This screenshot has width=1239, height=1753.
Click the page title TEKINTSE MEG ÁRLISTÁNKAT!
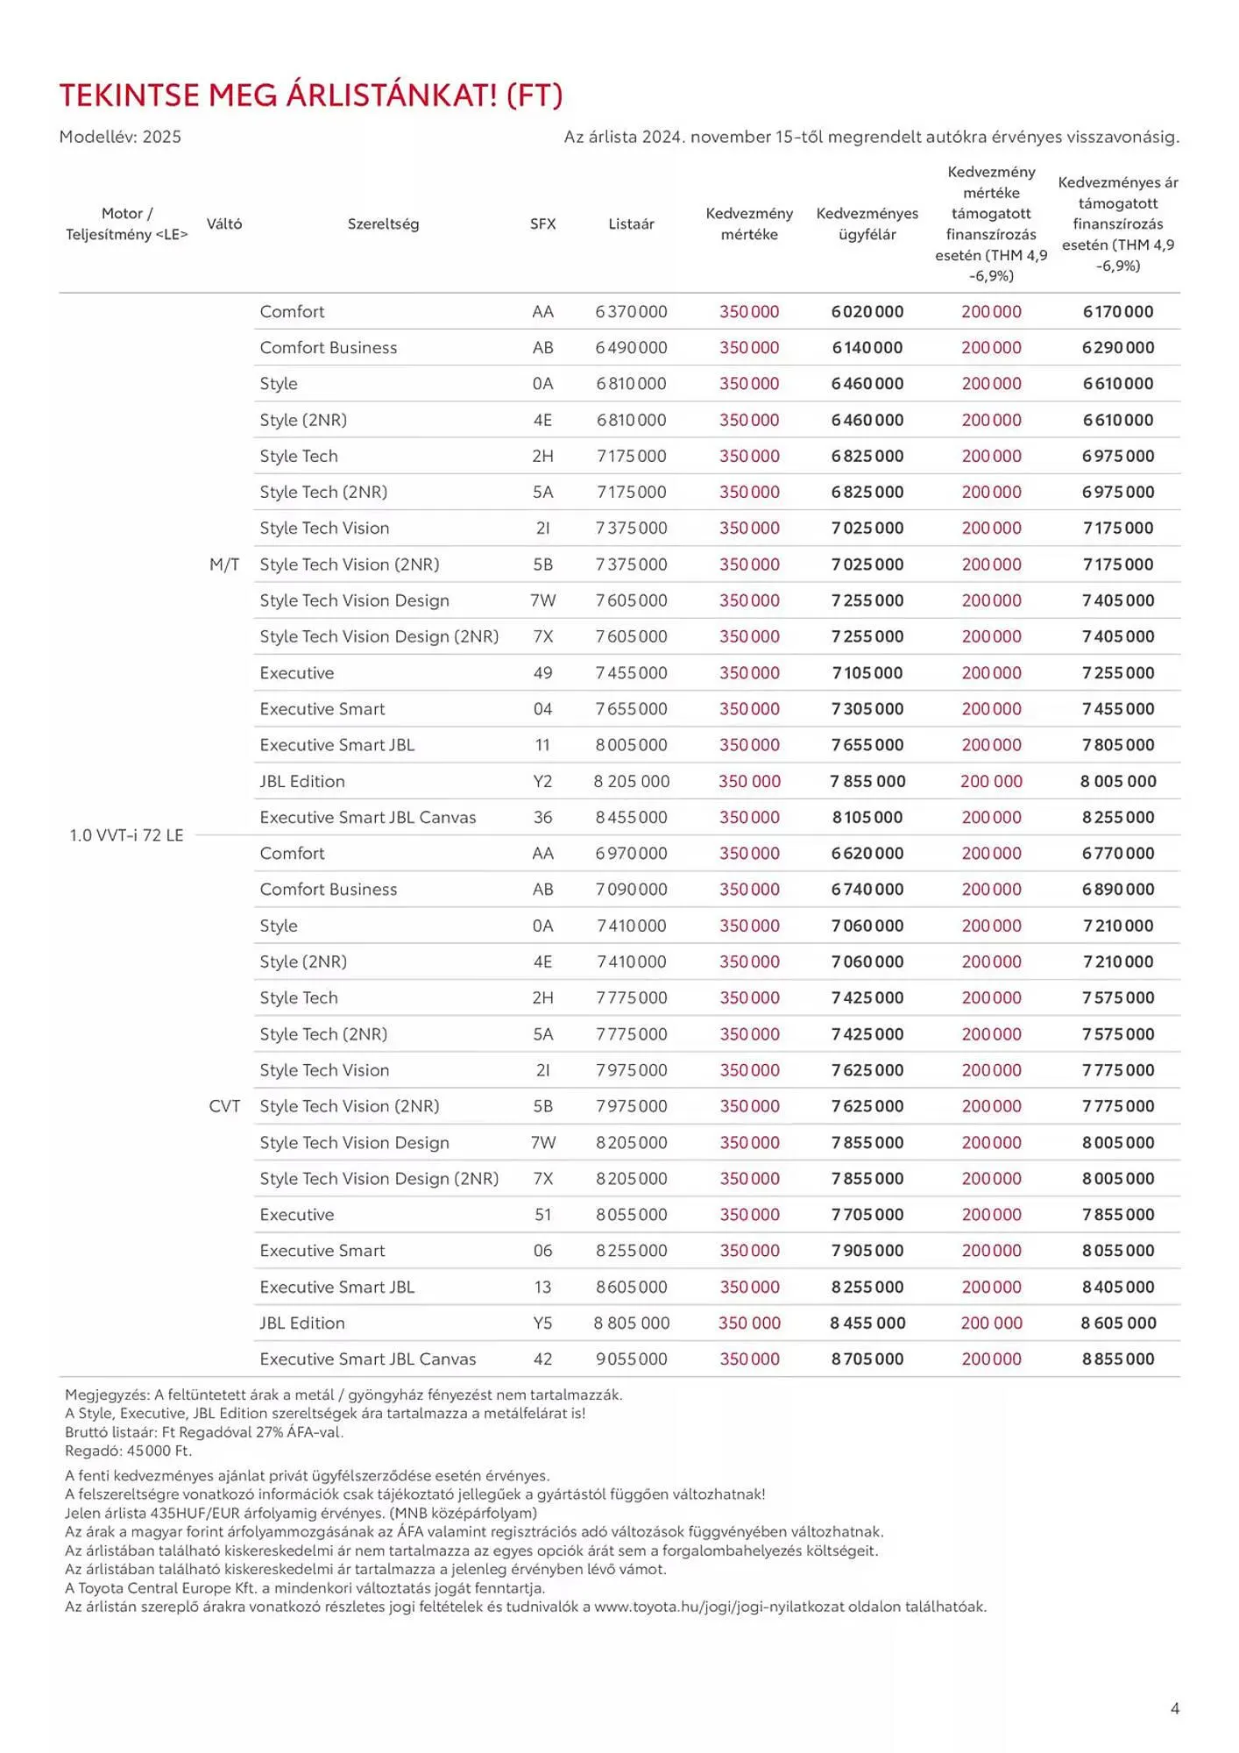point(310,96)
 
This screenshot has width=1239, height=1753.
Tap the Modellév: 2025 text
point(120,137)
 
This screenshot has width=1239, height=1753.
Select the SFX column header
point(542,224)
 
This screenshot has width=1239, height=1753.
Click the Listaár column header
point(631,224)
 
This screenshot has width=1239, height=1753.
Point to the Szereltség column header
point(383,224)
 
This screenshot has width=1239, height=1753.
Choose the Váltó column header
point(224,224)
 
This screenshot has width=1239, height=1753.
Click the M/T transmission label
point(224,564)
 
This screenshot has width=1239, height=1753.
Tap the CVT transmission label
point(224,1106)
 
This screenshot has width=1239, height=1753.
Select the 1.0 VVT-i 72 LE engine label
point(126,835)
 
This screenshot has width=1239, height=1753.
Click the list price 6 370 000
point(631,312)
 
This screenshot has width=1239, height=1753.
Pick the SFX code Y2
point(542,781)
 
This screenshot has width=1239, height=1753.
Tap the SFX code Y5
point(542,1323)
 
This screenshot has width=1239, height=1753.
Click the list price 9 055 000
point(631,1359)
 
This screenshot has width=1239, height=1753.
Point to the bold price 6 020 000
point(867,312)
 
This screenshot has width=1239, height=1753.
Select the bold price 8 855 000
point(1118,1359)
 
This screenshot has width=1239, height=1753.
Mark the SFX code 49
point(542,673)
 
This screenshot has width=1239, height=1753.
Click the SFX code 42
point(542,1359)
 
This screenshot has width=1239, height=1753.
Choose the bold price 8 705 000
point(867,1359)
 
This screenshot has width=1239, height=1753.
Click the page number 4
point(1175,1708)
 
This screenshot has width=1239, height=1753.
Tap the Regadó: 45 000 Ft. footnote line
point(128,1451)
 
